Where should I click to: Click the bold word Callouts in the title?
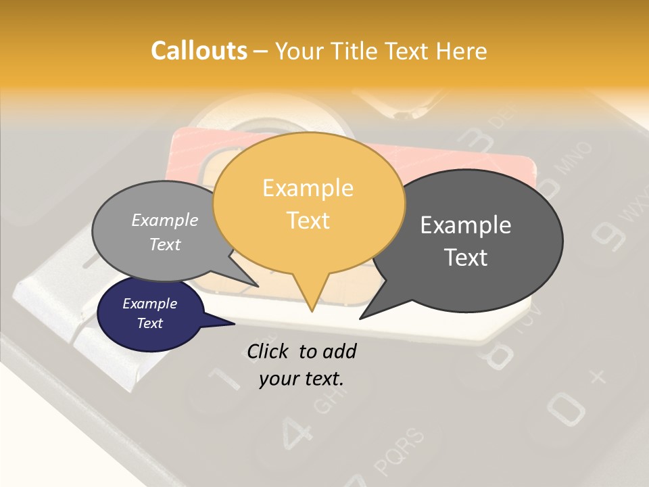[x=199, y=51]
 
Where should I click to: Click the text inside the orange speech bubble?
[x=308, y=204]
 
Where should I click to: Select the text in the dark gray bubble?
[x=466, y=241]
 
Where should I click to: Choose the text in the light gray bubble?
[x=165, y=232]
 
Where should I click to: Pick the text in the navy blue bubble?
[x=150, y=313]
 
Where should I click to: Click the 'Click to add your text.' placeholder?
[x=302, y=365]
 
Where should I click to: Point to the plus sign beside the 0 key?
[x=596, y=377]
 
